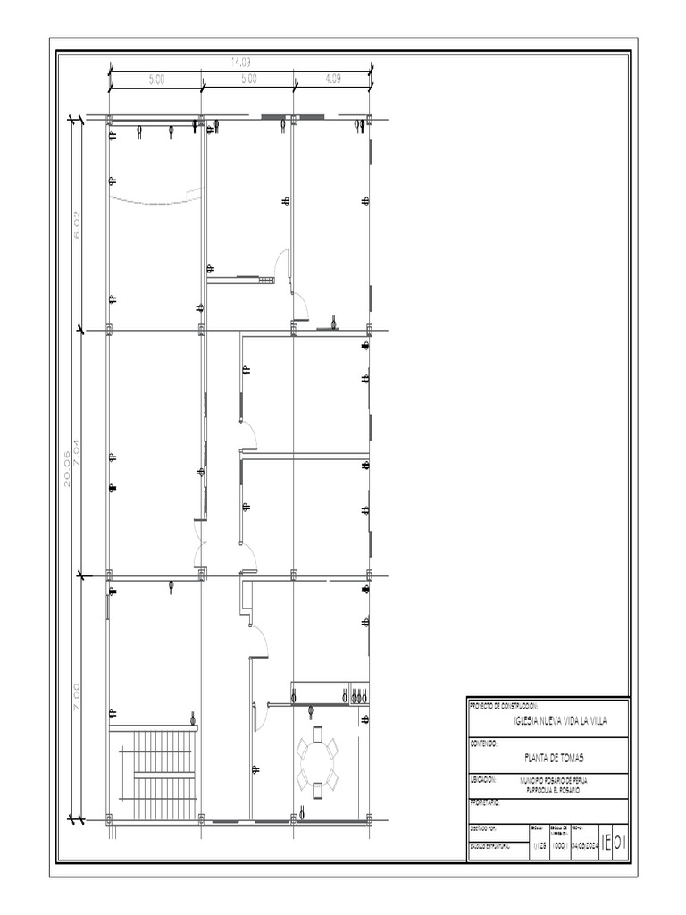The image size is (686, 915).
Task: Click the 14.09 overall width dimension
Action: pyautogui.click(x=241, y=62)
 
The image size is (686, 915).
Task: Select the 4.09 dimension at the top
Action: pyautogui.click(x=333, y=79)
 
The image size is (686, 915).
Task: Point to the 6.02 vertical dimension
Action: pyautogui.click(x=78, y=224)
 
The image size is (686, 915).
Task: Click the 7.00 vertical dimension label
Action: pyautogui.click(x=78, y=696)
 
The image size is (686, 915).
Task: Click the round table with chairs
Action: pyautogui.click(x=317, y=759)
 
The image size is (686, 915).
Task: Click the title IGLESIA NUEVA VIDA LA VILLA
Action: pyautogui.click(x=560, y=722)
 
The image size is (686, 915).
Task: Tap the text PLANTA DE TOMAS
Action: pyautogui.click(x=554, y=758)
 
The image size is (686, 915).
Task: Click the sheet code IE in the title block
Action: pyautogui.click(x=607, y=842)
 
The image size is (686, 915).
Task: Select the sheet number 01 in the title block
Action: pyautogui.click(x=621, y=842)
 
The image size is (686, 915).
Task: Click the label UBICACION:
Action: pyautogui.click(x=482, y=778)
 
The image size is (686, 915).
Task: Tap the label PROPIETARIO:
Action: pyautogui.click(x=486, y=802)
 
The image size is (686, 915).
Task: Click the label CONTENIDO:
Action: pyautogui.click(x=483, y=742)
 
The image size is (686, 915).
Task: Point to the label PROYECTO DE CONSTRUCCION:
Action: pyautogui.click(x=504, y=705)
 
